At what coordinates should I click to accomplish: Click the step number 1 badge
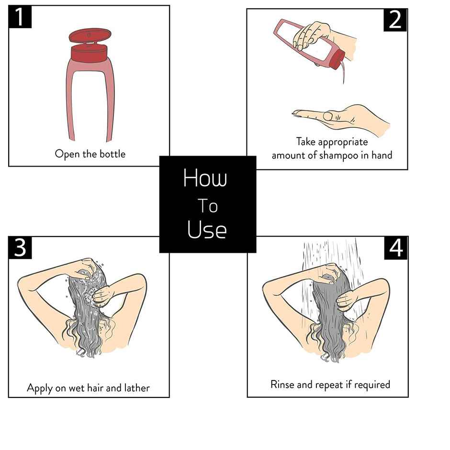(x=20, y=17)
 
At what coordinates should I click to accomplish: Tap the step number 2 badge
(x=395, y=20)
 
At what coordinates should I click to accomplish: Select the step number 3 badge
(x=20, y=248)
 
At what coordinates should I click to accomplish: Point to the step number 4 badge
(x=396, y=248)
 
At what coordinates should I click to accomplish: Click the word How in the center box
(x=205, y=178)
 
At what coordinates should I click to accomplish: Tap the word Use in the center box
(x=207, y=230)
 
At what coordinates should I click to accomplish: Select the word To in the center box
(x=207, y=206)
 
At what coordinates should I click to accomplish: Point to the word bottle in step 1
(x=112, y=154)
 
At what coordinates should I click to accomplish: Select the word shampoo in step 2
(x=339, y=156)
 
